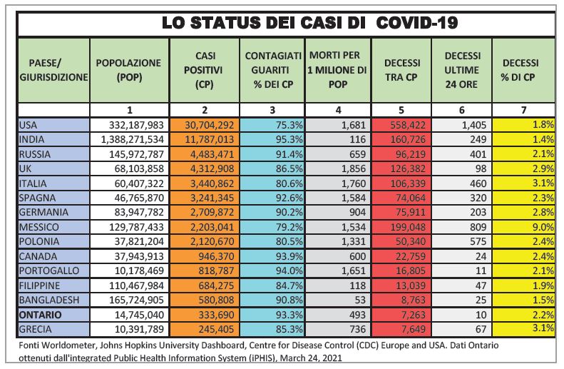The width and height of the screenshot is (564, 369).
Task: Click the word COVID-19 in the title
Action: coord(416,23)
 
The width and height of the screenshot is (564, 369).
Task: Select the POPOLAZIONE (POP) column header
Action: coord(129,70)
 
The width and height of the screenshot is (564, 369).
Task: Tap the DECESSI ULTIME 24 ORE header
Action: coord(462,70)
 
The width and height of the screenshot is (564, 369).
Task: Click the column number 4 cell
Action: coord(338,110)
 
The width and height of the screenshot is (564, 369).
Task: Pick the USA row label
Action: coord(28,125)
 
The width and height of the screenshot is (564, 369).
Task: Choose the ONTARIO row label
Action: coord(40,315)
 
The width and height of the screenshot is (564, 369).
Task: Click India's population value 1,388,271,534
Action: coord(133,139)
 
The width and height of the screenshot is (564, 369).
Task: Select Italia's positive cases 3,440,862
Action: coord(212,183)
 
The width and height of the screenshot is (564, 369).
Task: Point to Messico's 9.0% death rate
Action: coord(543,227)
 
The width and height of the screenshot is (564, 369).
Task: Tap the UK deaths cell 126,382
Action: coord(408,168)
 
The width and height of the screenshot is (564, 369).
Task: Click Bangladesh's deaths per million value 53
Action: coord(360,300)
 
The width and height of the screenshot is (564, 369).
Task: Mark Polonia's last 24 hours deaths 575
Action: coord(478,241)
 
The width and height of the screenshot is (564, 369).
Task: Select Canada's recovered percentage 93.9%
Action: coord(289,256)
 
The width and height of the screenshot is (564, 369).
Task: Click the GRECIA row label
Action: coord(35,329)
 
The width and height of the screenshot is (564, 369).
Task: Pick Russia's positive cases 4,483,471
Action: coord(212,154)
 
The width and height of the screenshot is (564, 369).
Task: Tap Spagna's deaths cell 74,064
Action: coord(411,198)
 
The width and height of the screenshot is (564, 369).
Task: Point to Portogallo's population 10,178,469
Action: coord(139,271)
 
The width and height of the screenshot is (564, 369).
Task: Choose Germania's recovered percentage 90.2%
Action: coord(289,213)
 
